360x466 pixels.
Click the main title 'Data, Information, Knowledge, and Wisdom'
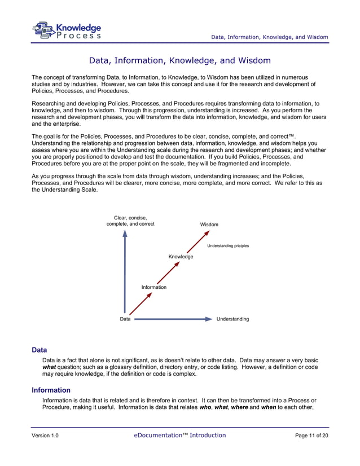(180, 60)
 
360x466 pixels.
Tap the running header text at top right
(269, 37)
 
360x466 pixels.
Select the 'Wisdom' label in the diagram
(209, 225)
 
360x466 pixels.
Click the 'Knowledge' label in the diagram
(181, 257)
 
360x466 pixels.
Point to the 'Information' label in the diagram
(154, 287)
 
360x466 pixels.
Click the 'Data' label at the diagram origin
(125, 319)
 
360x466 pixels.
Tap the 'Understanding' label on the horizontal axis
(232, 319)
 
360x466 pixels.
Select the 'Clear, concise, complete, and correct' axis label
(130, 221)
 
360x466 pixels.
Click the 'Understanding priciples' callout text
(228, 246)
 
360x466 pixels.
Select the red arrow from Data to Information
(141, 303)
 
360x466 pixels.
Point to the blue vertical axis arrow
(125, 271)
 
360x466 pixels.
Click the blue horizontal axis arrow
(172, 319)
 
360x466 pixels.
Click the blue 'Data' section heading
(39, 350)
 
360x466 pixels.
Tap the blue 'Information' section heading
(51, 390)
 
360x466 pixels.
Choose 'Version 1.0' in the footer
(45, 436)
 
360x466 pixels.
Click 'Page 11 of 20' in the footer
(311, 436)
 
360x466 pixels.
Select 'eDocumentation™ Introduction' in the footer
(180, 435)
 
